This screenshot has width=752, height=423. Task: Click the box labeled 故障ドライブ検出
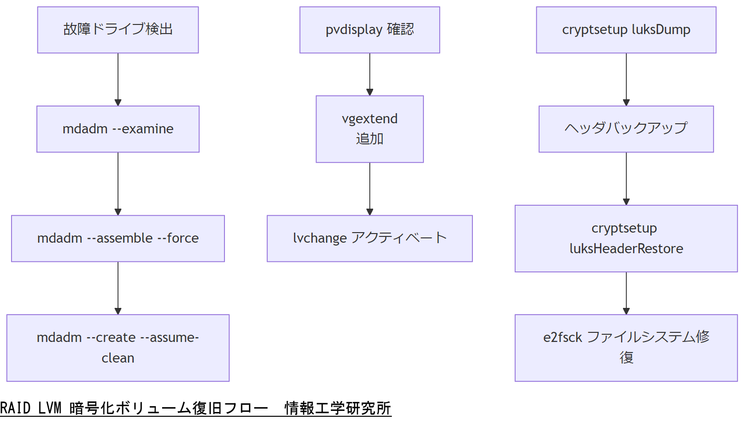tap(118, 30)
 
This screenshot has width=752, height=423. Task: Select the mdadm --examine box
tap(118, 129)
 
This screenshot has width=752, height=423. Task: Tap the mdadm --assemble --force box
tap(118, 238)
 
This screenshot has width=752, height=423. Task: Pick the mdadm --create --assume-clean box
tap(118, 348)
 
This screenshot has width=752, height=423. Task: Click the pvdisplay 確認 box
tap(369, 30)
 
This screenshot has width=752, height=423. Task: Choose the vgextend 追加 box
tap(369, 129)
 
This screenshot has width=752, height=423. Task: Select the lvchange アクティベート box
tap(369, 238)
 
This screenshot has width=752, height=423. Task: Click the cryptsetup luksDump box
tap(626, 30)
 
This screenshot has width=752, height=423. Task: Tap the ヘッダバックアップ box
tap(626, 129)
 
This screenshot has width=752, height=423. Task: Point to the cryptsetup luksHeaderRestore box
tap(626, 238)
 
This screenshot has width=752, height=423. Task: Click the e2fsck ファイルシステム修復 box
tap(626, 348)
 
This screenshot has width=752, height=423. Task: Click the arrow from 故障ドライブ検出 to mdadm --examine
tap(118, 79)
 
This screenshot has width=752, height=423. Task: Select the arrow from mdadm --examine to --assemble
tap(118, 184)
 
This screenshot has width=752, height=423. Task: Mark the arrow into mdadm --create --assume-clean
tap(118, 288)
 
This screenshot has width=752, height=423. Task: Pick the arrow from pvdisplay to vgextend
tap(369, 74)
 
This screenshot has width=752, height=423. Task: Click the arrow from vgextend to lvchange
tap(369, 188)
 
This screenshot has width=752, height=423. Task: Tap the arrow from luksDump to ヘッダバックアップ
tap(626, 79)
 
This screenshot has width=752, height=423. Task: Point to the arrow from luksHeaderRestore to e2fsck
tap(626, 293)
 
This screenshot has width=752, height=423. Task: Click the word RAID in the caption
tap(15, 408)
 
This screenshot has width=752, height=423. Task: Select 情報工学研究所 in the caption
tap(338, 408)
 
